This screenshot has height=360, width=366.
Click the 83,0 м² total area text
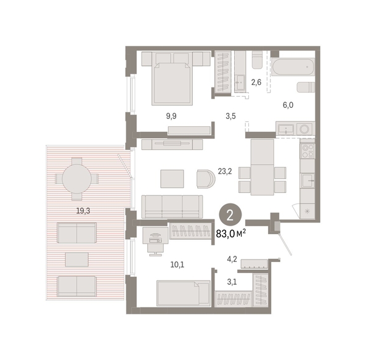point(230,234)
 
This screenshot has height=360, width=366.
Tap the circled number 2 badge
point(230,216)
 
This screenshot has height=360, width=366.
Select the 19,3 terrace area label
point(83,211)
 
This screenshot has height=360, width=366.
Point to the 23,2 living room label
point(225,171)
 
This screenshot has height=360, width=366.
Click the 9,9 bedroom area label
point(171,116)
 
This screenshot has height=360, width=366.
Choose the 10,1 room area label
point(177,264)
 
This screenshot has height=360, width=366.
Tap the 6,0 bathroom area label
point(288,105)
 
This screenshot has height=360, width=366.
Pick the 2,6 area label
point(256,83)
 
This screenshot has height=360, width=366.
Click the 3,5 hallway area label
point(230,116)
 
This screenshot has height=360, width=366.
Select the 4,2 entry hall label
point(232,259)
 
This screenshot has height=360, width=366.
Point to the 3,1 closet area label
point(232,282)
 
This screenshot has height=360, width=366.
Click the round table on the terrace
point(76,179)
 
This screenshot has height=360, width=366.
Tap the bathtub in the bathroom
point(293,67)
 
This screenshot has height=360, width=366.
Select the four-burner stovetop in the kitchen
point(307,151)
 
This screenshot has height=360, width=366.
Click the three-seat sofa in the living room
point(172,207)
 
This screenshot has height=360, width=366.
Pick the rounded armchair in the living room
point(206,179)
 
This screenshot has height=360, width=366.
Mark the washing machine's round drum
point(304,129)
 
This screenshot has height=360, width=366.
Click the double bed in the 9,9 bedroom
point(172,79)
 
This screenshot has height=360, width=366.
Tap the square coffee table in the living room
point(172,179)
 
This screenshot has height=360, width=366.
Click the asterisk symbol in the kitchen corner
point(307,211)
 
